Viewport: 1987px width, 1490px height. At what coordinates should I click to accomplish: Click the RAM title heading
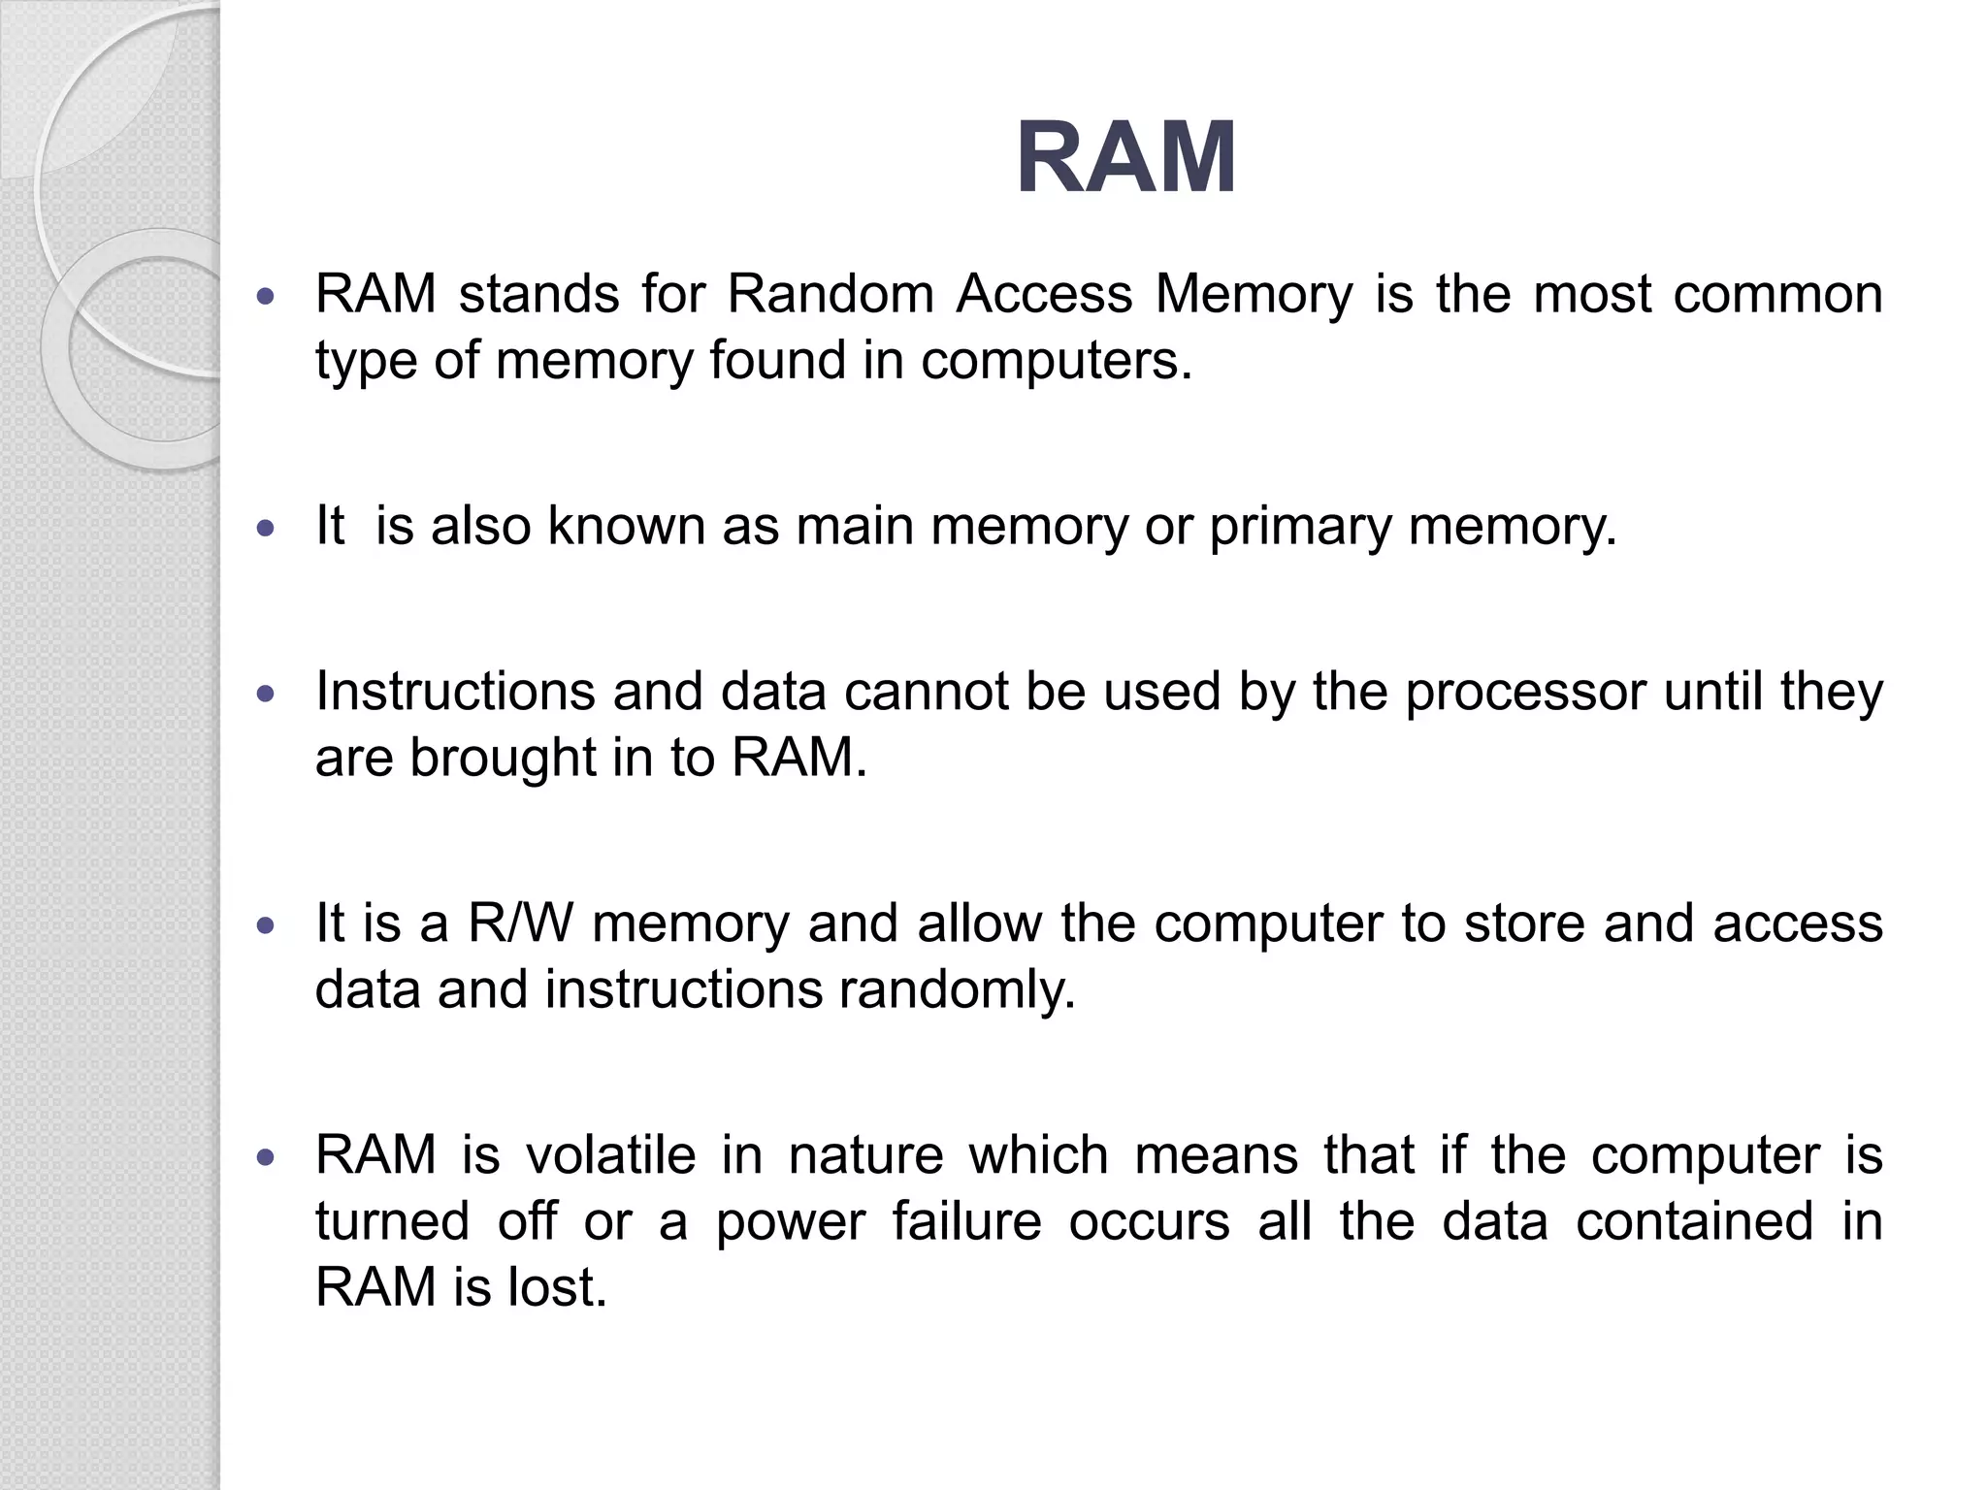[1125, 158]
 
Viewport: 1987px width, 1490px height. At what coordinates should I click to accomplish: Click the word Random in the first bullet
[830, 294]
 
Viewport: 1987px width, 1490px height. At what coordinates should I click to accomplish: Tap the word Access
[1044, 294]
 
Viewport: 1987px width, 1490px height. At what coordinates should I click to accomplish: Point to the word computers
[1056, 361]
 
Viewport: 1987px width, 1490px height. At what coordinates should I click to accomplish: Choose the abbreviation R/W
[521, 923]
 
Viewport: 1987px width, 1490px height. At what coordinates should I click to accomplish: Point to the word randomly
[957, 990]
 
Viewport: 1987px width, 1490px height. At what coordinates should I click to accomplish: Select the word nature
[865, 1156]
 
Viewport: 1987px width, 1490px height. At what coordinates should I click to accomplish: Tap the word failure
[966, 1222]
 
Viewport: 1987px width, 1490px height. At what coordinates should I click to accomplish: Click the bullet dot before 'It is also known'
[266, 529]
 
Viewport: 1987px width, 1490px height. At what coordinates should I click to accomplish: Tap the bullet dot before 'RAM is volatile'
[266, 1158]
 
